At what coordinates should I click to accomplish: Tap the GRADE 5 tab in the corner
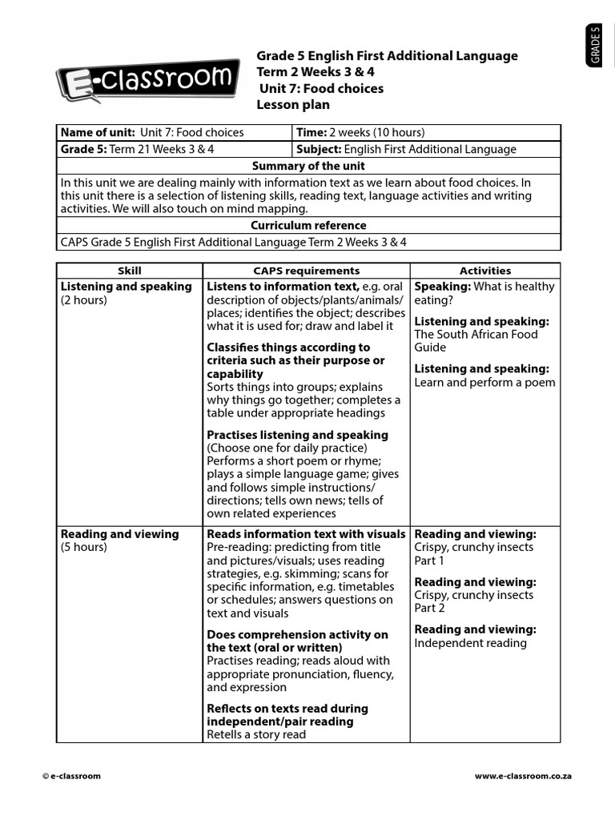pyautogui.click(x=596, y=46)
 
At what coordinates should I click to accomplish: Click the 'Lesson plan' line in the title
pyautogui.click(x=292, y=105)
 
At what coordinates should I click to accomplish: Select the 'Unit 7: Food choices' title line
pyautogui.click(x=320, y=88)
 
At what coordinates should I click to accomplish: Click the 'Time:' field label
pyautogui.click(x=312, y=133)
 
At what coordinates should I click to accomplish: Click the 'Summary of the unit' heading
pyautogui.click(x=308, y=166)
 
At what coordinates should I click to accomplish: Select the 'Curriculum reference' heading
pyautogui.click(x=308, y=226)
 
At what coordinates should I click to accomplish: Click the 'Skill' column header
pyautogui.click(x=129, y=271)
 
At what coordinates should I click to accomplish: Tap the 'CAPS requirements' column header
pyautogui.click(x=306, y=271)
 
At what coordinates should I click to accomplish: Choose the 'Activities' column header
pyautogui.click(x=484, y=271)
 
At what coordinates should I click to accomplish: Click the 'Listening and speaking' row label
pyautogui.click(x=127, y=287)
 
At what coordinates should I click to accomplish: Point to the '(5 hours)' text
pyautogui.click(x=84, y=548)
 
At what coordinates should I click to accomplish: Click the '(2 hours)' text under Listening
pyautogui.click(x=84, y=300)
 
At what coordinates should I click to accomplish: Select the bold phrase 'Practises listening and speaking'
pyautogui.click(x=297, y=435)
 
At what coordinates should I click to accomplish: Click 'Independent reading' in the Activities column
pyautogui.click(x=470, y=643)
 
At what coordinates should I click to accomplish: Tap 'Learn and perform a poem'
pyautogui.click(x=484, y=383)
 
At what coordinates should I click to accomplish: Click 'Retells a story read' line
pyautogui.click(x=256, y=734)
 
